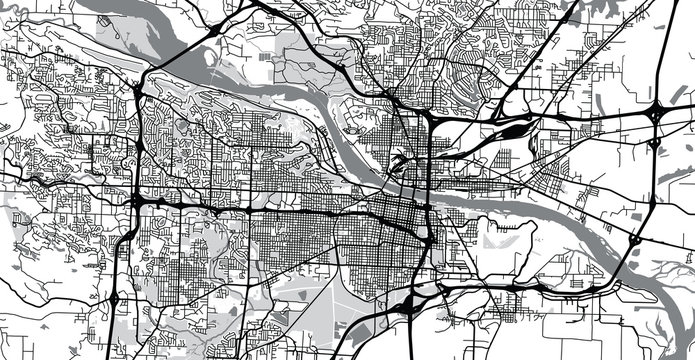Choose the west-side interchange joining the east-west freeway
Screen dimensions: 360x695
point(136,200)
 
